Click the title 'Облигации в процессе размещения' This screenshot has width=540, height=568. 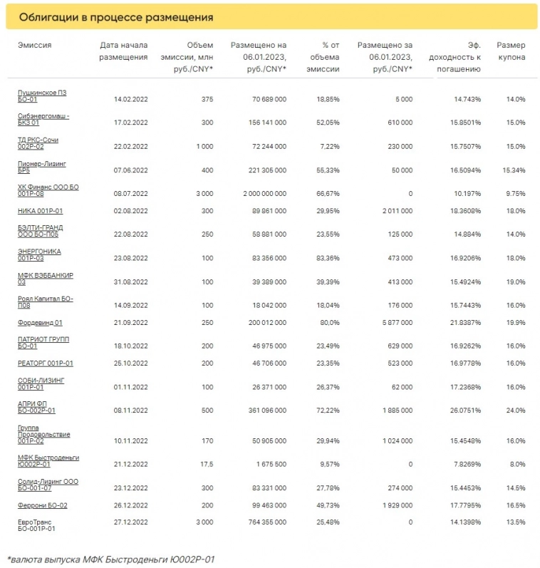click(x=115, y=17)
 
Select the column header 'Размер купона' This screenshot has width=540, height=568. click(x=511, y=51)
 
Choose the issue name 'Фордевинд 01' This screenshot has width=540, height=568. click(x=40, y=322)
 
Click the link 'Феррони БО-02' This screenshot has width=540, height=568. click(x=43, y=505)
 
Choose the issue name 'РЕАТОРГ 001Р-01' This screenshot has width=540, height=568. click(x=45, y=363)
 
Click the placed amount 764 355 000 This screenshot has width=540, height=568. click(x=263, y=522)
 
